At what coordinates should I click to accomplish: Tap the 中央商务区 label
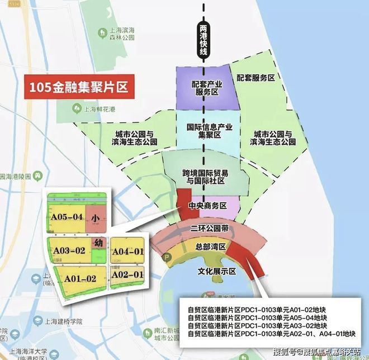(207, 206)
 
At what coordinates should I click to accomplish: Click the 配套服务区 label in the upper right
(256, 78)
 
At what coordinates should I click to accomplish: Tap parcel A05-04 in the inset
(67, 217)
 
